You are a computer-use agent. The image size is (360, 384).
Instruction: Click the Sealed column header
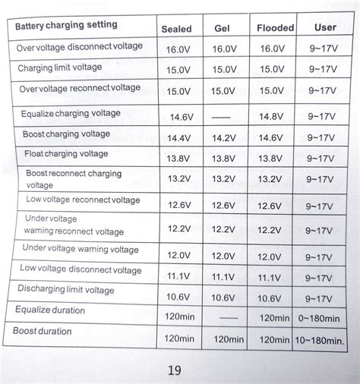tap(176, 29)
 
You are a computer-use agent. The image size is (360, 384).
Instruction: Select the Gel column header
tap(223, 29)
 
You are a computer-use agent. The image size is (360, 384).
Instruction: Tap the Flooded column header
tap(274, 28)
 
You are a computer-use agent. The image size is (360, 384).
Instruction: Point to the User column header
tap(325, 27)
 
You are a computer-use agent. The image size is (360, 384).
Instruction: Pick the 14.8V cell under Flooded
tap(270, 117)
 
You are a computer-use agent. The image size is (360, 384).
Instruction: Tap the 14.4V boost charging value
tap(179, 139)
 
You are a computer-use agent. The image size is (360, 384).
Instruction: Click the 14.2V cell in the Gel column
tap(223, 139)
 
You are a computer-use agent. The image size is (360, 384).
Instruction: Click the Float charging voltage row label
tap(66, 154)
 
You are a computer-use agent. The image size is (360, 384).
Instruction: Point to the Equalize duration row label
tap(50, 310)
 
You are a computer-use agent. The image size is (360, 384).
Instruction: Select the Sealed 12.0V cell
tap(179, 255)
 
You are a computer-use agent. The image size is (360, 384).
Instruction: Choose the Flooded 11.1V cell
tap(270, 277)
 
